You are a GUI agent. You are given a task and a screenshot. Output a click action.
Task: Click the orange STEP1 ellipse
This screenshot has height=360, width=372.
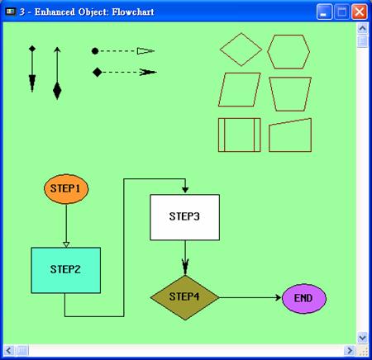(x=66, y=189)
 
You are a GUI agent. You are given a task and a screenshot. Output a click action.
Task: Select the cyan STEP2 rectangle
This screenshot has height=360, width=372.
(x=66, y=270)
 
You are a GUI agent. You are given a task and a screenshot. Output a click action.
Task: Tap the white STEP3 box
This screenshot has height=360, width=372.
(x=184, y=217)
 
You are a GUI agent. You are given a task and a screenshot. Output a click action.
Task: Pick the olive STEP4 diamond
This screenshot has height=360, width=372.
(x=185, y=297)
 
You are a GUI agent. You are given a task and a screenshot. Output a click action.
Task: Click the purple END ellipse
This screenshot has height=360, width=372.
(x=304, y=299)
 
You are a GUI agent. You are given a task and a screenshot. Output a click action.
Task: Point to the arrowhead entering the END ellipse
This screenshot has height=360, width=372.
(x=278, y=297)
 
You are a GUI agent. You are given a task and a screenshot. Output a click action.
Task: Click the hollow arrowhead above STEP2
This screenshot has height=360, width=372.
(x=66, y=244)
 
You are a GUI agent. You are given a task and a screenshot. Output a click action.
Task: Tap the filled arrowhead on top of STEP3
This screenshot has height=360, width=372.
(x=185, y=190)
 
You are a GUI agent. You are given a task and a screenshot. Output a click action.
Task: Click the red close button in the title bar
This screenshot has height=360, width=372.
(x=360, y=12)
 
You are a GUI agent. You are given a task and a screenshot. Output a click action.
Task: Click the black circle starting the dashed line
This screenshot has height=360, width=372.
(x=95, y=51)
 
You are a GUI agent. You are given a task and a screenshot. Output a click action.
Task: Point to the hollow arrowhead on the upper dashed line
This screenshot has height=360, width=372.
(x=145, y=51)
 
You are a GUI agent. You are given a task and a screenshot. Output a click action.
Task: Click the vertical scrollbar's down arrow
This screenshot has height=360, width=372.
(x=362, y=337)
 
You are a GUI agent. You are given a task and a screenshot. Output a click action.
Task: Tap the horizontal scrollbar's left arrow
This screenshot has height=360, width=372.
(x=8, y=351)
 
